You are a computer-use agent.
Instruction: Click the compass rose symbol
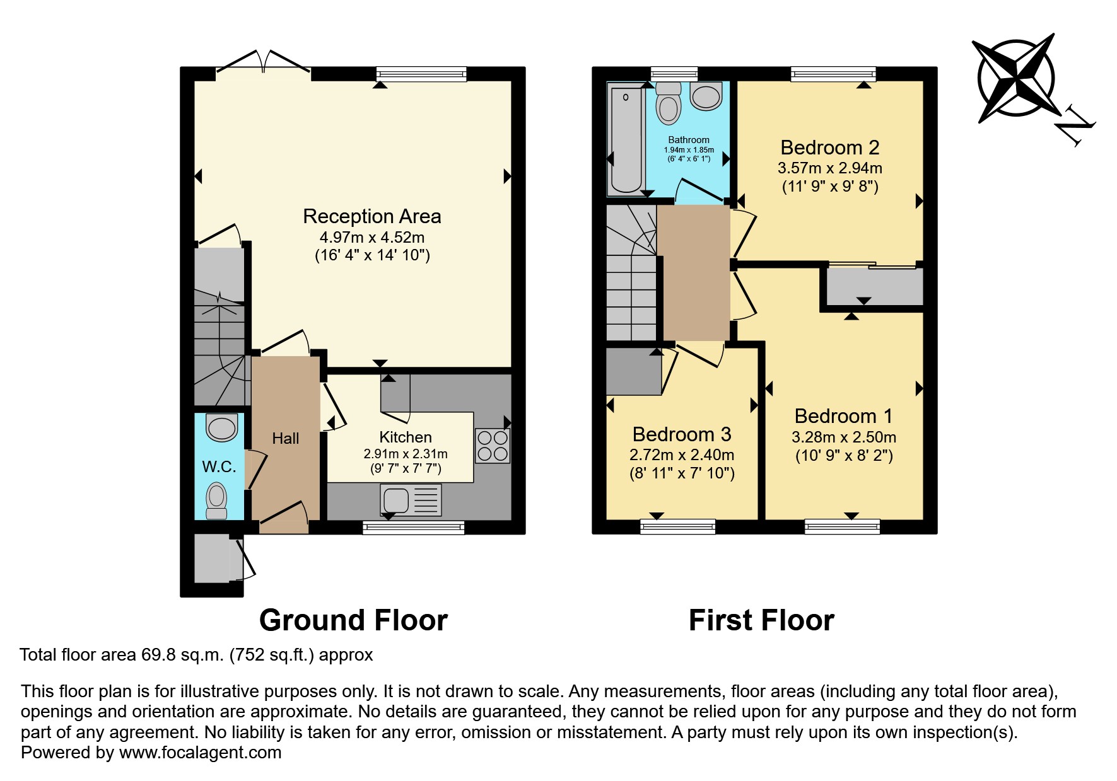tap(1015, 79)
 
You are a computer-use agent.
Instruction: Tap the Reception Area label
tap(371, 216)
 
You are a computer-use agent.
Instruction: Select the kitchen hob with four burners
tap(492, 446)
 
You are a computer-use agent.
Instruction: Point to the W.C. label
tap(219, 467)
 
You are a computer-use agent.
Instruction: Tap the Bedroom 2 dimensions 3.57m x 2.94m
tap(829, 168)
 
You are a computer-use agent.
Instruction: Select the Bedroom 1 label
tap(843, 416)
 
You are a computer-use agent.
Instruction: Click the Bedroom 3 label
tap(681, 434)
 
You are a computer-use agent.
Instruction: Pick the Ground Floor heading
tap(353, 620)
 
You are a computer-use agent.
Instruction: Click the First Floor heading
tap(761, 620)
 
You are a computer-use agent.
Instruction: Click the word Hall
tap(285, 439)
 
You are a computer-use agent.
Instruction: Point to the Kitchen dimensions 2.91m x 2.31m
tap(405, 454)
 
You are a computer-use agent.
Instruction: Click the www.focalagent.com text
tap(200, 753)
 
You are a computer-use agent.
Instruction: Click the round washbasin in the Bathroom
tap(706, 96)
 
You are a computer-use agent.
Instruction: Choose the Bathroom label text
tap(689, 140)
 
